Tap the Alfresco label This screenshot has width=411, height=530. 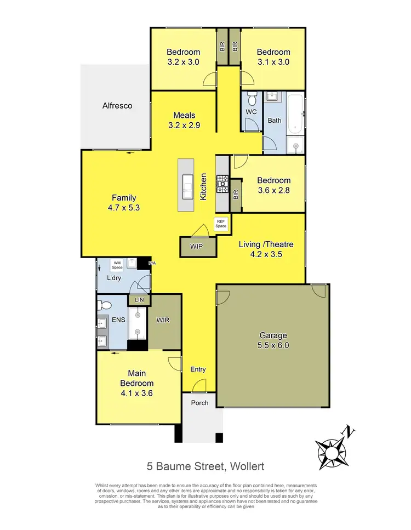(117, 106)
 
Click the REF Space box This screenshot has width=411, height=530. (220, 224)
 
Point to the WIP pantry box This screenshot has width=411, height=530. (196, 247)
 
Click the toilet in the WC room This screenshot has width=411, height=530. (252, 101)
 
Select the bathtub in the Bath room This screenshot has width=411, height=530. (294, 116)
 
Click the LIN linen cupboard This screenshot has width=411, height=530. (138, 300)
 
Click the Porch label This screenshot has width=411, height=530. (199, 402)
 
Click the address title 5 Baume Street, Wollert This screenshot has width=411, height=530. (206, 466)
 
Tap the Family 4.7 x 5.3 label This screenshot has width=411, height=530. (124, 203)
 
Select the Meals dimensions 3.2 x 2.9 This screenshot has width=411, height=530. (184, 124)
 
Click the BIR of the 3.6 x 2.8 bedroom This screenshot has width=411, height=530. (236, 195)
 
